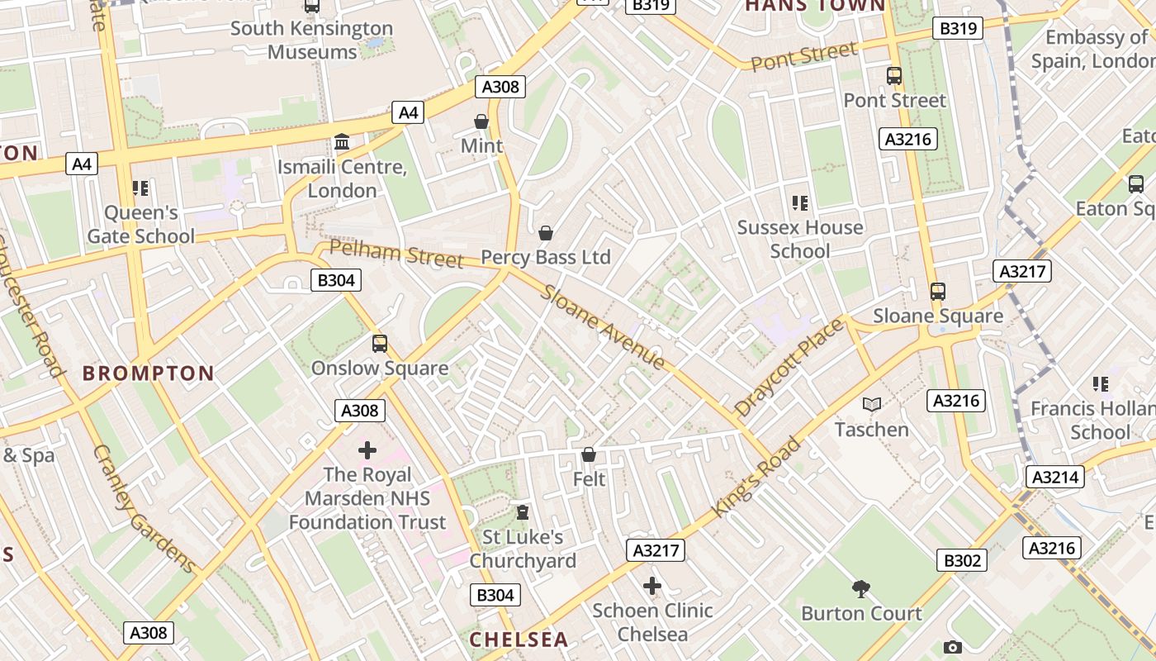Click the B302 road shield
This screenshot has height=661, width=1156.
coord(962,560)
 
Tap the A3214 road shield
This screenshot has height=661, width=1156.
coord(1054,476)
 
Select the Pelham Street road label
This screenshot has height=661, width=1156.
coord(396,254)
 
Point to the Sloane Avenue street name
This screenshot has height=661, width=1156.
coord(603,327)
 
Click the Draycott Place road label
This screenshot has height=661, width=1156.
coord(789,366)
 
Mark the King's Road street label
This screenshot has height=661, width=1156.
coord(756,478)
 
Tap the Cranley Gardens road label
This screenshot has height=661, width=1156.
coord(144,509)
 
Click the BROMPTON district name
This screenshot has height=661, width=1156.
coord(149,373)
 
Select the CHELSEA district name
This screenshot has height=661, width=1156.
coord(519,640)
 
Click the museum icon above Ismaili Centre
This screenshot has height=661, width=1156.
coord(342,142)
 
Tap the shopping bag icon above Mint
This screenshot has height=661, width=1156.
coord(481,122)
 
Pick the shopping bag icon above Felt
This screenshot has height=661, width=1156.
coord(589,454)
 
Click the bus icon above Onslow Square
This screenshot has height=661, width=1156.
coord(380,343)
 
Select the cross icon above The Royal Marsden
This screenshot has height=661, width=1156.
coord(367,450)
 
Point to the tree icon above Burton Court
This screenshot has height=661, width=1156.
coord(861,589)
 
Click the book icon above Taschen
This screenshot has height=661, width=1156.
coord(872,405)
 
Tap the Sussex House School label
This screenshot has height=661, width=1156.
coord(799,239)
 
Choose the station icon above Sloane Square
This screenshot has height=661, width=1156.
coord(938,292)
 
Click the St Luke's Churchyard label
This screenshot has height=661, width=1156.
coord(523,549)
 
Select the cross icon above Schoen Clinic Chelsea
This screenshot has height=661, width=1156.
coord(652,587)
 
